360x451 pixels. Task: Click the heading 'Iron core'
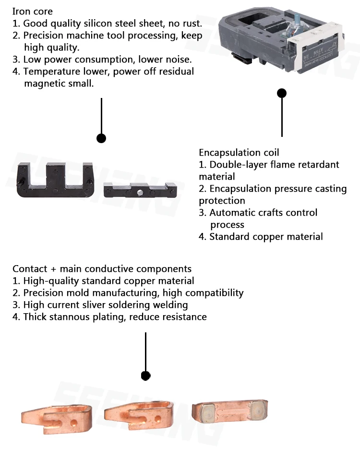coord(33,11)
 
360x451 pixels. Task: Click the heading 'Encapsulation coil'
coord(239,153)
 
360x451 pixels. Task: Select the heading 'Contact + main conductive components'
coord(102,269)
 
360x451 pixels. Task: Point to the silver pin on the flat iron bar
coord(139,193)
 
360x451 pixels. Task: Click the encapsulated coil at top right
coord(281,41)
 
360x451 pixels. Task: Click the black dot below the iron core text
coord(101,138)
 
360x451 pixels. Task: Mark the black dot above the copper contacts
coord(145,376)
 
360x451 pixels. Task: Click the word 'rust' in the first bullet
coord(191,23)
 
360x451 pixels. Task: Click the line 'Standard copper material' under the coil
coord(266,237)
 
